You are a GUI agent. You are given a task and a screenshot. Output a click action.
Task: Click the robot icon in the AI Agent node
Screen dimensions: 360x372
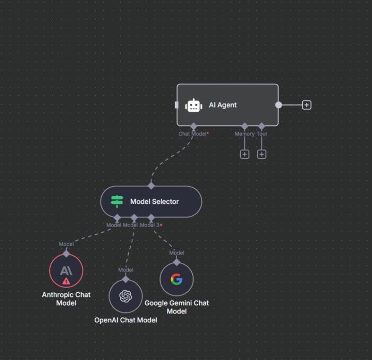[x=194, y=105]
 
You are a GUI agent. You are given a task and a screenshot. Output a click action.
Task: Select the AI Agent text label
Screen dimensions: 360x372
[x=223, y=105]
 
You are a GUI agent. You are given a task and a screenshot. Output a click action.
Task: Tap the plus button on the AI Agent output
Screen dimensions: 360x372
[x=306, y=105]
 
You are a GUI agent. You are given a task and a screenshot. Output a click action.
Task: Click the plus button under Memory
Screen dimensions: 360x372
[x=244, y=154]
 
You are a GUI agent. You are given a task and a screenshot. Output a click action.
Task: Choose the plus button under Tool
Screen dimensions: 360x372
[x=261, y=154]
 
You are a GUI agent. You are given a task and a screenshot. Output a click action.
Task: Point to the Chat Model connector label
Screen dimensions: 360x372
[x=192, y=134]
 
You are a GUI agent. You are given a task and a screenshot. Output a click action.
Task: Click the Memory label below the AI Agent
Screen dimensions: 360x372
[x=244, y=134]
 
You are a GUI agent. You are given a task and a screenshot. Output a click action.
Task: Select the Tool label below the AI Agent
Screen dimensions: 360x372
[x=262, y=134]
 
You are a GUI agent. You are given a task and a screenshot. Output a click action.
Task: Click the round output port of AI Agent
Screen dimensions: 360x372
[x=278, y=105]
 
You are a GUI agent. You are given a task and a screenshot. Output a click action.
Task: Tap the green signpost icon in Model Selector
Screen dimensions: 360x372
[x=117, y=201]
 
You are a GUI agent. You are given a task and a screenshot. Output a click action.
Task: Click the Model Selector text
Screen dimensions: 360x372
[x=154, y=201]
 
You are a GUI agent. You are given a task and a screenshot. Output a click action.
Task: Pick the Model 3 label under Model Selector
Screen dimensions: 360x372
[x=150, y=225]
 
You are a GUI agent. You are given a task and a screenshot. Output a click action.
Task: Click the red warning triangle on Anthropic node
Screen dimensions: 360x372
[x=66, y=281]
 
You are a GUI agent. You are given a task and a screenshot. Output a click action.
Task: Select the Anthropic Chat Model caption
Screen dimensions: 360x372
[x=66, y=298]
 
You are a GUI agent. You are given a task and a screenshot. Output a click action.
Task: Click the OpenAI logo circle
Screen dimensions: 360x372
[x=126, y=296]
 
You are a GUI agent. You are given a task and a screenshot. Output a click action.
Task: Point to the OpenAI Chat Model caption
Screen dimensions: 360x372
[x=126, y=320]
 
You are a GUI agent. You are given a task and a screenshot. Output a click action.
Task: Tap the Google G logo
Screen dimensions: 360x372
[x=177, y=279]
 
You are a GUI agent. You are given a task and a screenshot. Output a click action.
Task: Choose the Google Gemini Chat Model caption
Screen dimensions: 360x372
[x=177, y=307]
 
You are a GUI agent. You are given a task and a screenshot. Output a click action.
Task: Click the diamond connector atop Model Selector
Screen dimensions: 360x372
[x=151, y=186]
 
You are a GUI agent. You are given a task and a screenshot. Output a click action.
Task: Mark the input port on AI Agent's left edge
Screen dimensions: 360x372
[x=177, y=105]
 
